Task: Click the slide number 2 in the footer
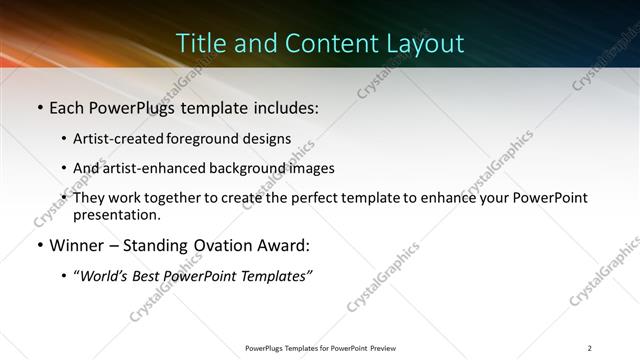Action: coord(590,348)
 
